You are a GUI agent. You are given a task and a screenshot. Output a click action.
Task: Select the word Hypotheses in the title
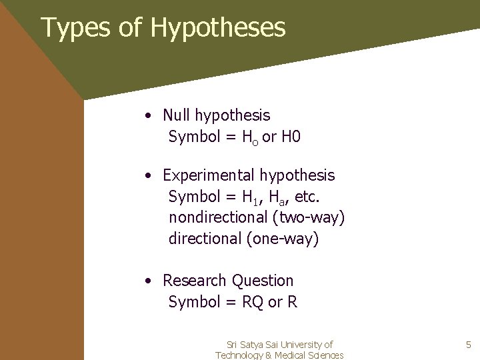click(218, 28)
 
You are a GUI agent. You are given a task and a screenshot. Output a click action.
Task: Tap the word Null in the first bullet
click(177, 115)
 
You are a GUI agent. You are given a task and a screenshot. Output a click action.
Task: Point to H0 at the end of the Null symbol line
click(291, 137)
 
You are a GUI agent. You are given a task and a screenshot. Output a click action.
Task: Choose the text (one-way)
click(283, 238)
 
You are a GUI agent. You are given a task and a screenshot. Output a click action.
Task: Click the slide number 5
click(468, 345)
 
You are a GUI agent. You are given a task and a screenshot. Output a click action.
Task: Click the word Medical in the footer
click(293, 355)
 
